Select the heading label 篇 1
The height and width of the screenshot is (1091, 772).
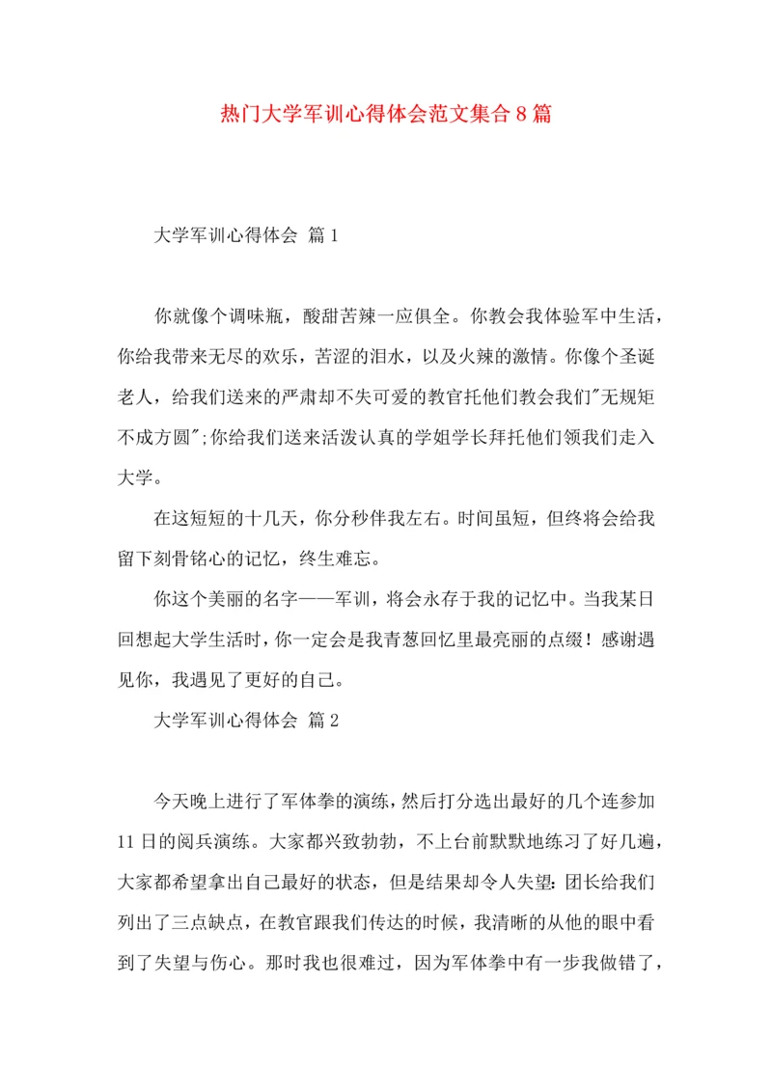click(319, 234)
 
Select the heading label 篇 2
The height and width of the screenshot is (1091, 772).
click(319, 720)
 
